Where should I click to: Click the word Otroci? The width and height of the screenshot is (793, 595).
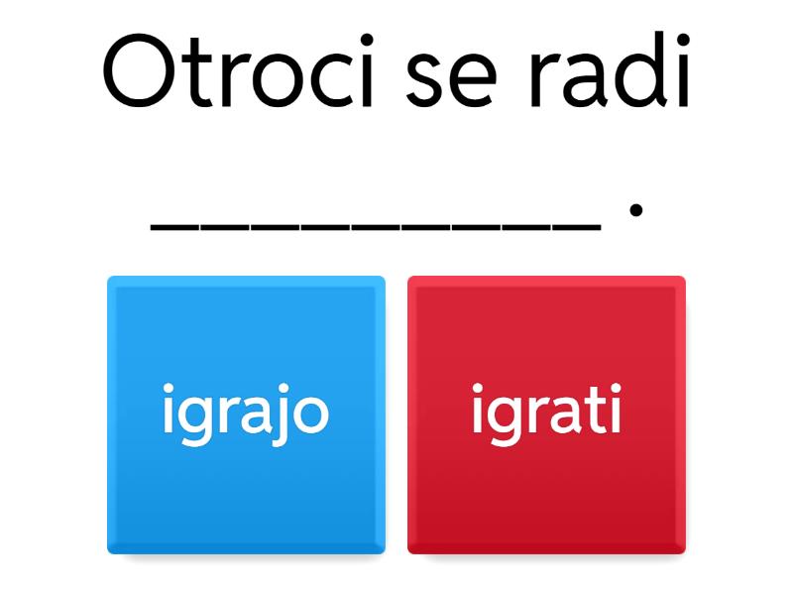click(x=239, y=75)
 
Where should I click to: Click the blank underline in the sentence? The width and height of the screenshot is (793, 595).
click(x=376, y=229)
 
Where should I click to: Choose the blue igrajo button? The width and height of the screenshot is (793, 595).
click(x=246, y=414)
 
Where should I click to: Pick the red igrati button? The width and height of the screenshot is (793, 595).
click(x=546, y=414)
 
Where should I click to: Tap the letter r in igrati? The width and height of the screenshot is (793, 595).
click(x=538, y=416)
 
